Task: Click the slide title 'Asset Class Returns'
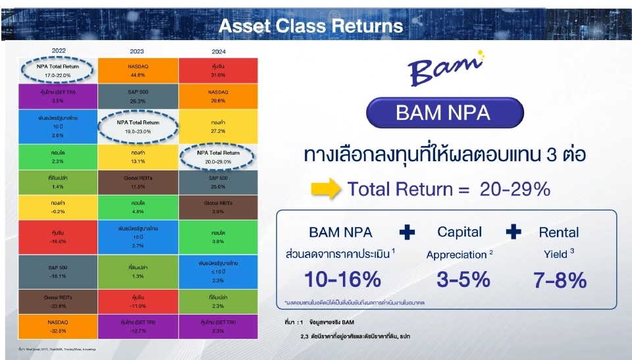point(310,26)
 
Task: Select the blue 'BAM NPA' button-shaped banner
point(443,113)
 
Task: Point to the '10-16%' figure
point(342,280)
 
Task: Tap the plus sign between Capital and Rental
point(513,232)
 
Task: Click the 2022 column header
point(58,51)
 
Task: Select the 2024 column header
point(219,51)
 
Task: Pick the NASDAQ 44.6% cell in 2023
point(138,70)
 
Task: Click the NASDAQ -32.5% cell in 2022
point(58,326)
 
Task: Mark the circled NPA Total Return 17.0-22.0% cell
point(58,70)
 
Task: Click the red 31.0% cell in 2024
point(219,70)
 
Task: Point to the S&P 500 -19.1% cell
point(58,272)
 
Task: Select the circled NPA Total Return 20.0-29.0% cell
point(219,156)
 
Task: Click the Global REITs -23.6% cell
point(58,301)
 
